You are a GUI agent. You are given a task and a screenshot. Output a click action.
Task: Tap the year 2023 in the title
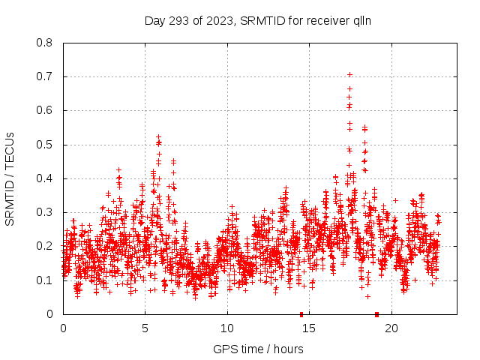[218, 20]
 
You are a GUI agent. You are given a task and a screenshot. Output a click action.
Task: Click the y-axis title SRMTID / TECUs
[10, 178]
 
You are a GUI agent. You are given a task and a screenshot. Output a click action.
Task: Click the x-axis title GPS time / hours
[258, 348]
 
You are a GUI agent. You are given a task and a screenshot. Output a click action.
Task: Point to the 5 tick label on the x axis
[145, 328]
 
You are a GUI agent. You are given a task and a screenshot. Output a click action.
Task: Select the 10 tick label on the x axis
[226, 328]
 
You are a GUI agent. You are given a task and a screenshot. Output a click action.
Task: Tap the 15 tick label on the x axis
[308, 328]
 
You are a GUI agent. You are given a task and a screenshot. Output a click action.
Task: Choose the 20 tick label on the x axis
[390, 328]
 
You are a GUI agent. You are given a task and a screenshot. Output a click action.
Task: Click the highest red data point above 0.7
[349, 75]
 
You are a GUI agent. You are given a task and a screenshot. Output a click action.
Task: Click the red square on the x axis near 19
[376, 314]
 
